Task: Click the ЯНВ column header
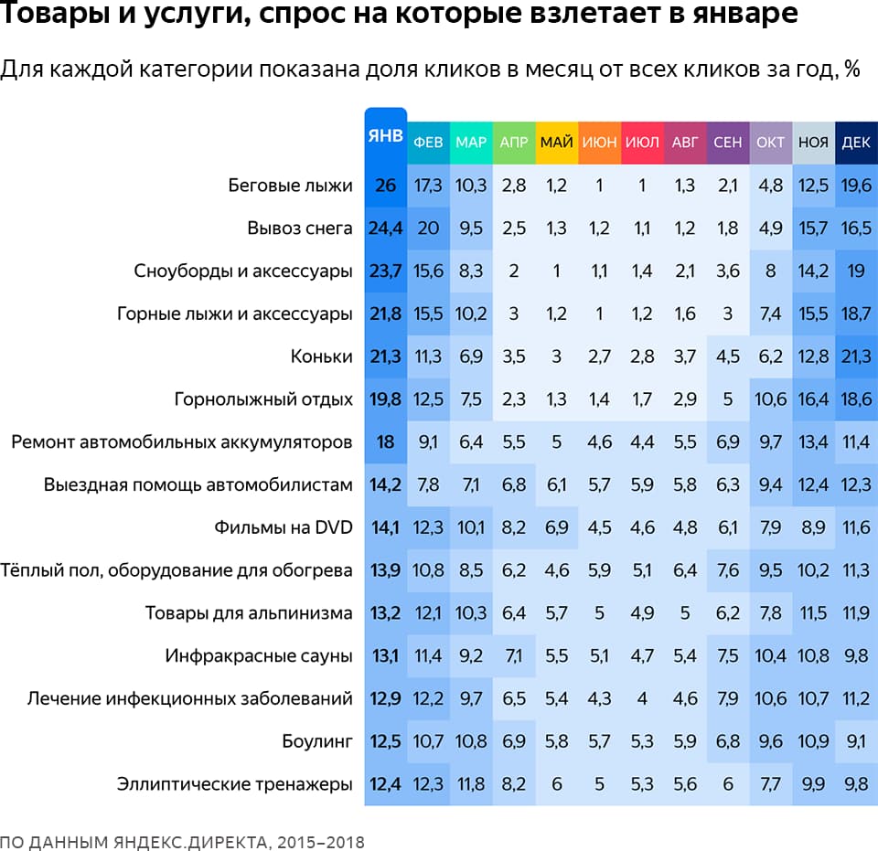pyautogui.click(x=385, y=136)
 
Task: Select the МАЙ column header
pyautogui.click(x=557, y=143)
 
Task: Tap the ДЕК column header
pyautogui.click(x=855, y=143)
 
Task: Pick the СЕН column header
pyautogui.click(x=727, y=143)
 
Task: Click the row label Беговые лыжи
pyautogui.click(x=290, y=186)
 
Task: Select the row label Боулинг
pyautogui.click(x=317, y=741)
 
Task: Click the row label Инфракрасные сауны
pyautogui.click(x=259, y=655)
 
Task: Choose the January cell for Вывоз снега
pyautogui.click(x=385, y=229)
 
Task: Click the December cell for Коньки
pyautogui.click(x=855, y=356)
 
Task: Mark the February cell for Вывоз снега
pyautogui.click(x=428, y=229)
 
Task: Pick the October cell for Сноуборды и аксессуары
pyautogui.click(x=770, y=271)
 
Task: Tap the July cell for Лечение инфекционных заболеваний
pyautogui.click(x=642, y=698)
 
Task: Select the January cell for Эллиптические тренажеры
pyautogui.click(x=385, y=783)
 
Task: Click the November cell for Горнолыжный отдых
pyautogui.click(x=813, y=399)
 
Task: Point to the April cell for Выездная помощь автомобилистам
pyautogui.click(x=514, y=484)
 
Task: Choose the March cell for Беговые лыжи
pyautogui.click(x=471, y=186)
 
